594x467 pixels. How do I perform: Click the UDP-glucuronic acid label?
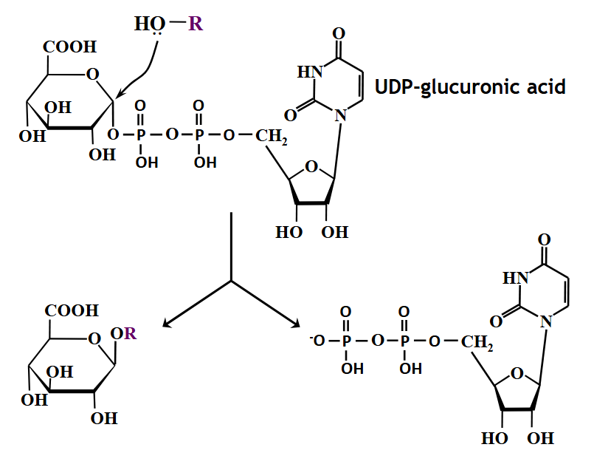pyautogui.click(x=470, y=87)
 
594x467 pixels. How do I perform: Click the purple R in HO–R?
pyautogui.click(x=195, y=24)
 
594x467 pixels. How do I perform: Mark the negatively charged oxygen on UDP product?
pyautogui.click(x=314, y=341)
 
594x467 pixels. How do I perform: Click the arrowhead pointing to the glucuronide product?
pyautogui.click(x=167, y=324)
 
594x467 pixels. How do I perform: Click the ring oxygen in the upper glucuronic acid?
pyautogui.click(x=92, y=74)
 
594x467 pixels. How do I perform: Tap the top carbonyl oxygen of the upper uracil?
pyautogui.click(x=338, y=33)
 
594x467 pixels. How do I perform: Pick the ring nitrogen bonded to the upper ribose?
pyautogui.click(x=339, y=115)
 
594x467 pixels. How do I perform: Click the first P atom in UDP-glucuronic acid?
pyautogui.click(x=141, y=134)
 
